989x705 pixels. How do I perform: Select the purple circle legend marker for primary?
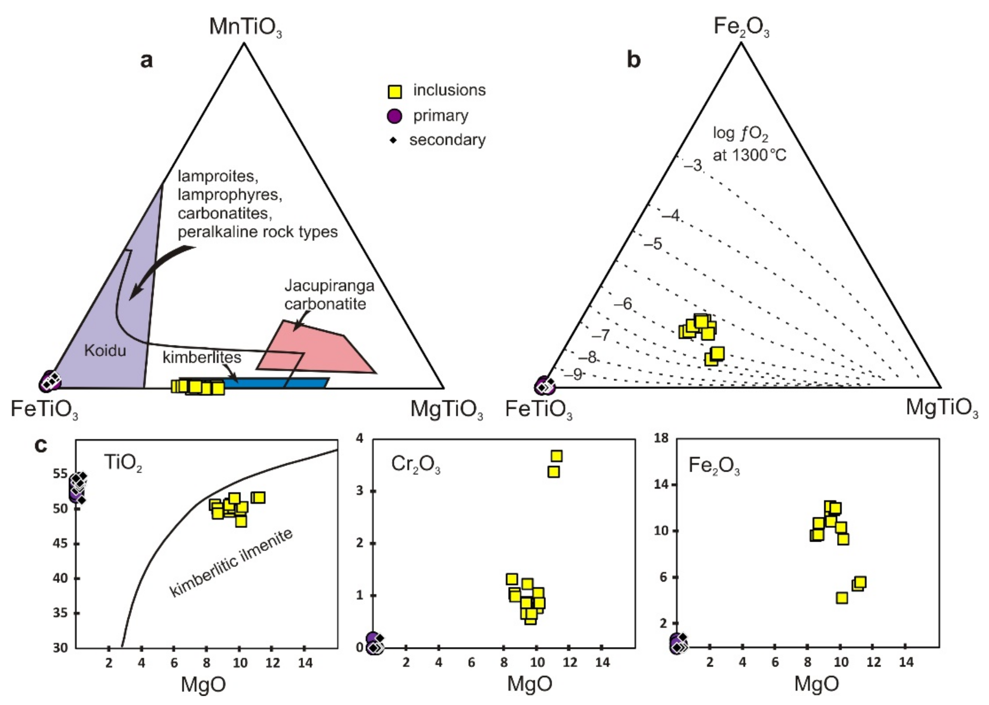click(x=394, y=116)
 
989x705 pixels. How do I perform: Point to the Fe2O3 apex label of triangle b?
click(x=741, y=27)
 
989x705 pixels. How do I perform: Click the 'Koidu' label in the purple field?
click(x=105, y=350)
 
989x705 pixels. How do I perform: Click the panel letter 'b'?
click(x=634, y=60)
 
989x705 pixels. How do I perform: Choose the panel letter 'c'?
click(x=40, y=445)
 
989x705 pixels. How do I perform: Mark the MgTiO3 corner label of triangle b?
click(x=942, y=408)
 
